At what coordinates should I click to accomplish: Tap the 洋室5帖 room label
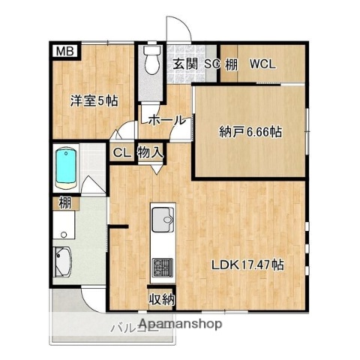point(93,100)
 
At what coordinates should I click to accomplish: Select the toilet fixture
point(151,61)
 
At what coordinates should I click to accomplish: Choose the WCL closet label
point(262,64)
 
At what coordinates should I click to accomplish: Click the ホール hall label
point(167,120)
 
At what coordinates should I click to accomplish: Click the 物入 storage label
point(150,152)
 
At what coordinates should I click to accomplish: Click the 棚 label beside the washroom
point(65,202)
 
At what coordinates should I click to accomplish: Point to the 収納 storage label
point(162,299)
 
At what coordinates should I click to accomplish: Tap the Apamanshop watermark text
point(179,325)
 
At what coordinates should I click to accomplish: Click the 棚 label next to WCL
point(232,64)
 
